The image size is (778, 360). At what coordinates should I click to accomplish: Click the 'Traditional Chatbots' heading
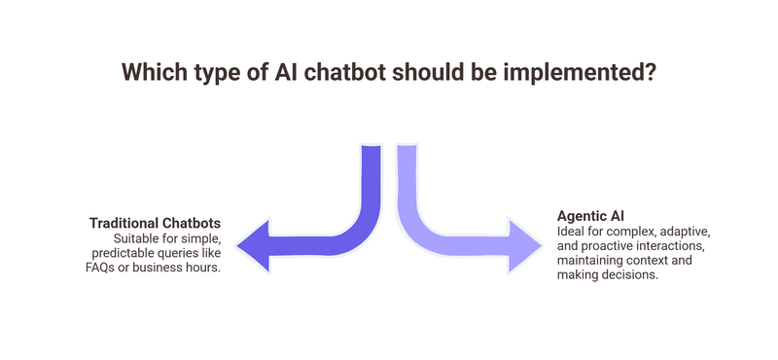pos(155,222)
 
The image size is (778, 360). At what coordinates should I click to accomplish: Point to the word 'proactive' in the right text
pos(612,246)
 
